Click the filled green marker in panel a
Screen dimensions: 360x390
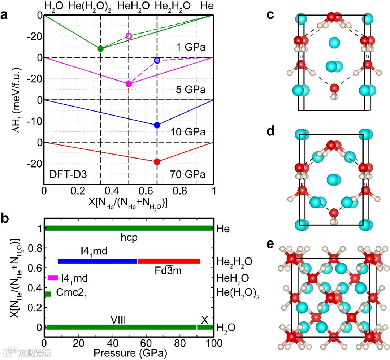point(100,49)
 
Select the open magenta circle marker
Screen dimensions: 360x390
point(129,36)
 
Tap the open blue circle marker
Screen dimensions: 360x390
point(157,60)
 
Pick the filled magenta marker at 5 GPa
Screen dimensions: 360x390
point(129,84)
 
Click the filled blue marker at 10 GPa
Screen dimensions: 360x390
point(157,125)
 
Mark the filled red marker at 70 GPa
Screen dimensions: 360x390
point(157,162)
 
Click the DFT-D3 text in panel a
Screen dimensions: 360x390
point(68,175)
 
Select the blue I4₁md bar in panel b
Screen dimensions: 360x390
point(97,261)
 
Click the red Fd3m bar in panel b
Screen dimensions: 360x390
point(169,261)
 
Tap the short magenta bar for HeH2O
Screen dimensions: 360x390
point(53,278)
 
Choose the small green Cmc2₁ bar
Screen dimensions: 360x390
point(48,294)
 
